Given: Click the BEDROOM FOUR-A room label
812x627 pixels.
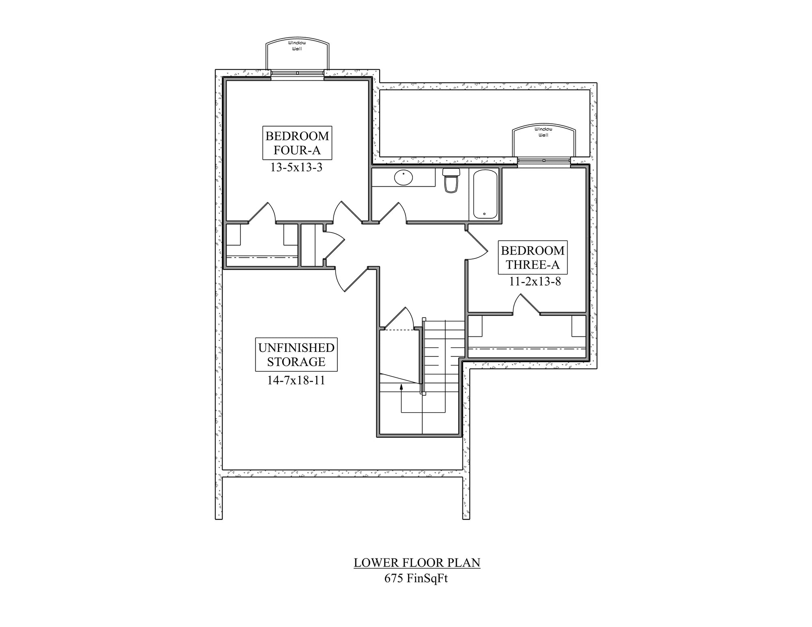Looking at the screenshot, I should (x=297, y=143).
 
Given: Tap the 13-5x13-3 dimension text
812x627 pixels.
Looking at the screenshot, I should (x=296, y=167).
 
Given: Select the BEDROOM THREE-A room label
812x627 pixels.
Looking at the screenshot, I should (x=533, y=258).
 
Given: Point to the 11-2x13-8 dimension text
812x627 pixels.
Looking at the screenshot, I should (x=535, y=282).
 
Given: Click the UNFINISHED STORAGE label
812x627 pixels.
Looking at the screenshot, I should (x=296, y=355).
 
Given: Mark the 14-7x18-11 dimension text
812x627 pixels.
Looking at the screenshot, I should (x=296, y=380).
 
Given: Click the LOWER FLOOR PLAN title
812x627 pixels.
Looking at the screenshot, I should (x=417, y=563).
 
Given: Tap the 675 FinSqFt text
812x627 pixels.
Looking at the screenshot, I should (x=416, y=578).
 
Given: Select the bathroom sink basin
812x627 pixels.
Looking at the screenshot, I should (x=403, y=178).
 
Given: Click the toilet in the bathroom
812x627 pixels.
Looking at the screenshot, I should (x=451, y=181).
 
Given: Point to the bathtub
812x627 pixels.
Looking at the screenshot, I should (x=485, y=194).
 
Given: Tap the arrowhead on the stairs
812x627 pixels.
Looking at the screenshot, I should (x=402, y=387).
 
